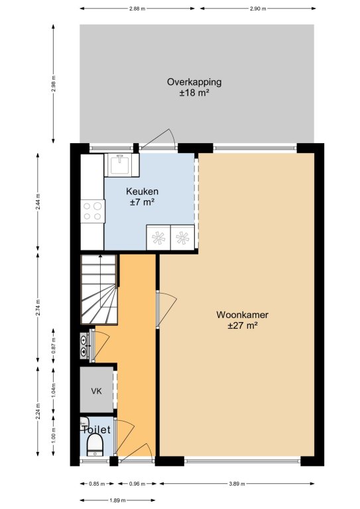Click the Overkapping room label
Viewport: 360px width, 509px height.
[x=194, y=82]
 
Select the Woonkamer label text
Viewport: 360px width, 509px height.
[x=242, y=315]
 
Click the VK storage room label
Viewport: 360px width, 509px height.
[x=96, y=391]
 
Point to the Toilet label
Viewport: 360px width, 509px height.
[x=96, y=429]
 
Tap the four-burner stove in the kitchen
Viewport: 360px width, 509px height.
[x=93, y=211]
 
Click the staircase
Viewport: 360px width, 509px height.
[x=99, y=289]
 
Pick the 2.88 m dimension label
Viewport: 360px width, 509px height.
[x=137, y=9]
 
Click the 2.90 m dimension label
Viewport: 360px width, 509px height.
[x=258, y=9]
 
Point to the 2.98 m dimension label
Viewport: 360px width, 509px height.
[x=54, y=84]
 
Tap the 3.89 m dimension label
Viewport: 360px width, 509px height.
[x=237, y=484]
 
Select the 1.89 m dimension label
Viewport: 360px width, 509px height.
[x=117, y=500]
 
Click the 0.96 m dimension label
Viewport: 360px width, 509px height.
[x=137, y=484]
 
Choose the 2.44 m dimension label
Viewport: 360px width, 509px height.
[x=38, y=201]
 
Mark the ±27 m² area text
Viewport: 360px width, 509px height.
[x=243, y=325]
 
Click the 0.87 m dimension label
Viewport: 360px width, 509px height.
[x=54, y=345]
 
